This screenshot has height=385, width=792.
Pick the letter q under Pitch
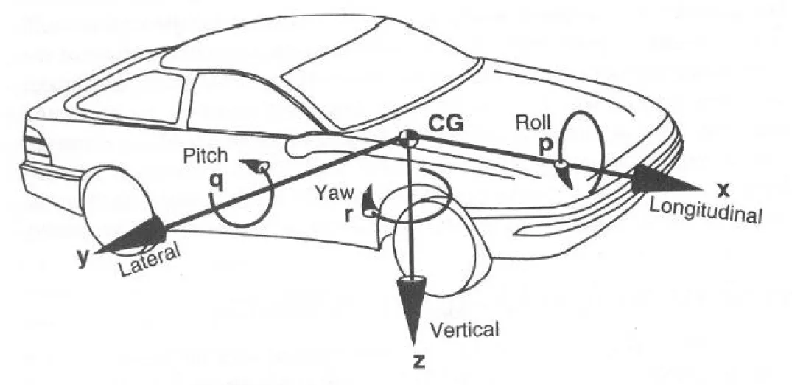(x=217, y=179)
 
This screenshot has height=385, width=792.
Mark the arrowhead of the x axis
(x=659, y=179)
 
